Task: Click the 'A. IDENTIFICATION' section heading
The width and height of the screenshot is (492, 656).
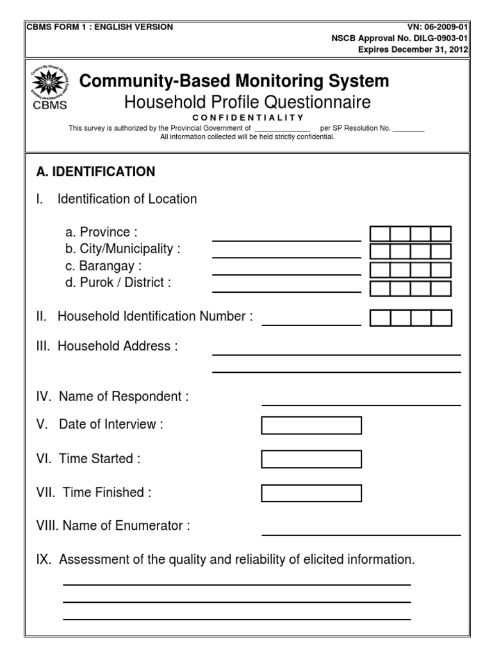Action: coord(96,172)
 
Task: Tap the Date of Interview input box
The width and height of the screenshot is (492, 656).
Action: coord(311,425)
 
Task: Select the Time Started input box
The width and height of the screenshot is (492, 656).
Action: coord(311,459)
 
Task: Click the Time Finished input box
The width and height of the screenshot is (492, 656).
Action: coord(311,493)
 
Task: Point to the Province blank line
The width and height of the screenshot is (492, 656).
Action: coord(286,240)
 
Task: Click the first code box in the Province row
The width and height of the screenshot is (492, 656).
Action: coord(380,234)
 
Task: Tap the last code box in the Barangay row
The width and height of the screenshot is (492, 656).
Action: coord(441,270)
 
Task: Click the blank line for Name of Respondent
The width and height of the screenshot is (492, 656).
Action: coord(361,404)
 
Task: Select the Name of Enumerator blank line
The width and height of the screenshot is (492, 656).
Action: coord(361,534)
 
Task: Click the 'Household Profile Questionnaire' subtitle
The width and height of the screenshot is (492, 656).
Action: coord(247,102)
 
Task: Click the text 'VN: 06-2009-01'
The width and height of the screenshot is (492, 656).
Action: coord(438,28)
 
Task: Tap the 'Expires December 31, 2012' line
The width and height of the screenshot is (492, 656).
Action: coord(413,49)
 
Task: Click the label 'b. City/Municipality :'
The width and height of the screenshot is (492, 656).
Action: coord(123,249)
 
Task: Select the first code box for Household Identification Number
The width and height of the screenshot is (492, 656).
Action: coord(380,318)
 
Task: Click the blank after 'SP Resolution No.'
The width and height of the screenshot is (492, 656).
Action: coord(408,130)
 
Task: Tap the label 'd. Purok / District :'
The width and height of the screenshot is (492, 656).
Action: coord(118,283)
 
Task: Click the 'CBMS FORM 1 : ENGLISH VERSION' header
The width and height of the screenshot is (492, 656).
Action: coord(99,28)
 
